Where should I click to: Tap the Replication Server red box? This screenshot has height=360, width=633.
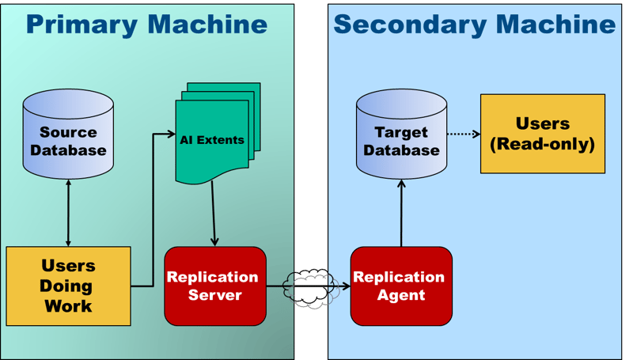point(215,286)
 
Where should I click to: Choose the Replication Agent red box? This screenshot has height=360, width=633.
point(401,286)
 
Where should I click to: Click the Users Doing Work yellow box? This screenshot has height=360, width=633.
point(68,286)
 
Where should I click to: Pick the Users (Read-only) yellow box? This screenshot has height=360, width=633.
point(542,134)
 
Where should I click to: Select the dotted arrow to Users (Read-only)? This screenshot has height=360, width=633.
point(463,134)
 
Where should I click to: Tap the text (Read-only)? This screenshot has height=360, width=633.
point(542,144)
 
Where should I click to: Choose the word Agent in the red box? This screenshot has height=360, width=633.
point(401,295)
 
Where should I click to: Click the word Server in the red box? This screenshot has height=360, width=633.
point(215,295)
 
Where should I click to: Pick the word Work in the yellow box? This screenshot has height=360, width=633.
point(68,305)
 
